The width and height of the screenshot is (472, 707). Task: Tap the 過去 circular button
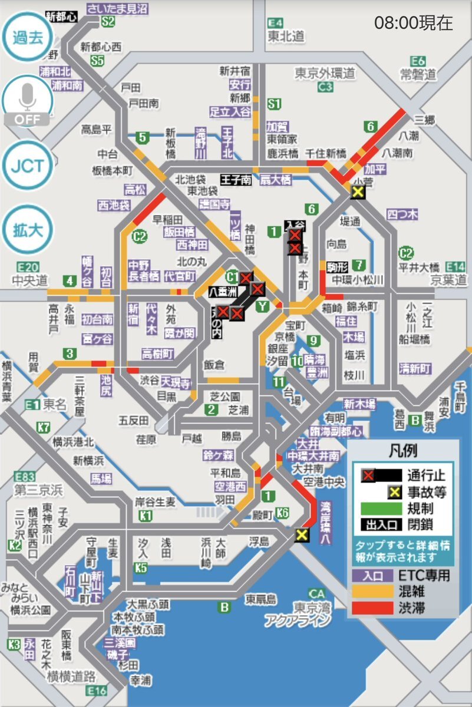point(27,38)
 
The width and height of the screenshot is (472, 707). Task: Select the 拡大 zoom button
point(27,230)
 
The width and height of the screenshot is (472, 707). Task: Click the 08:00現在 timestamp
point(414,23)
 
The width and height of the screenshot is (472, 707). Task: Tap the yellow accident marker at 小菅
point(357,191)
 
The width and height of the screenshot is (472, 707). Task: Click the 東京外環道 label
point(325,73)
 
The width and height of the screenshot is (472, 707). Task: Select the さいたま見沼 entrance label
point(117,8)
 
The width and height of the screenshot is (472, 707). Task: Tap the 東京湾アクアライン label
point(297,614)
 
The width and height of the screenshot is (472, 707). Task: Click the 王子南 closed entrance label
point(236,179)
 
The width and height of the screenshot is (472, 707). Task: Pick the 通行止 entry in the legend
point(403,475)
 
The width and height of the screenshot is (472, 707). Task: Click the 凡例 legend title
point(403,451)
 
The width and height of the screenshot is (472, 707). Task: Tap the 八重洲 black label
point(223,290)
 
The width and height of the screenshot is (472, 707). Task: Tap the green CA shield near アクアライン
point(318,593)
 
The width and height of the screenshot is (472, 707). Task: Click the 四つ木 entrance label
point(402,214)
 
